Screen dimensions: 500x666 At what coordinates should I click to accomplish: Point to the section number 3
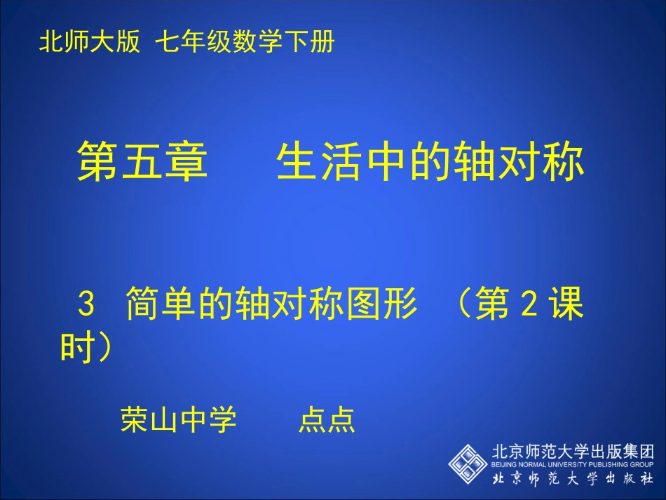(x=86, y=307)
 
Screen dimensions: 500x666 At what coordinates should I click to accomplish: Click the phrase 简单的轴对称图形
(x=271, y=307)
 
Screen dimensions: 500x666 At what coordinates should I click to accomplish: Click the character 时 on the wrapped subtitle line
(x=76, y=348)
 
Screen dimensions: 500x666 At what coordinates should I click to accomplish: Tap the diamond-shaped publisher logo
(x=468, y=462)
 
